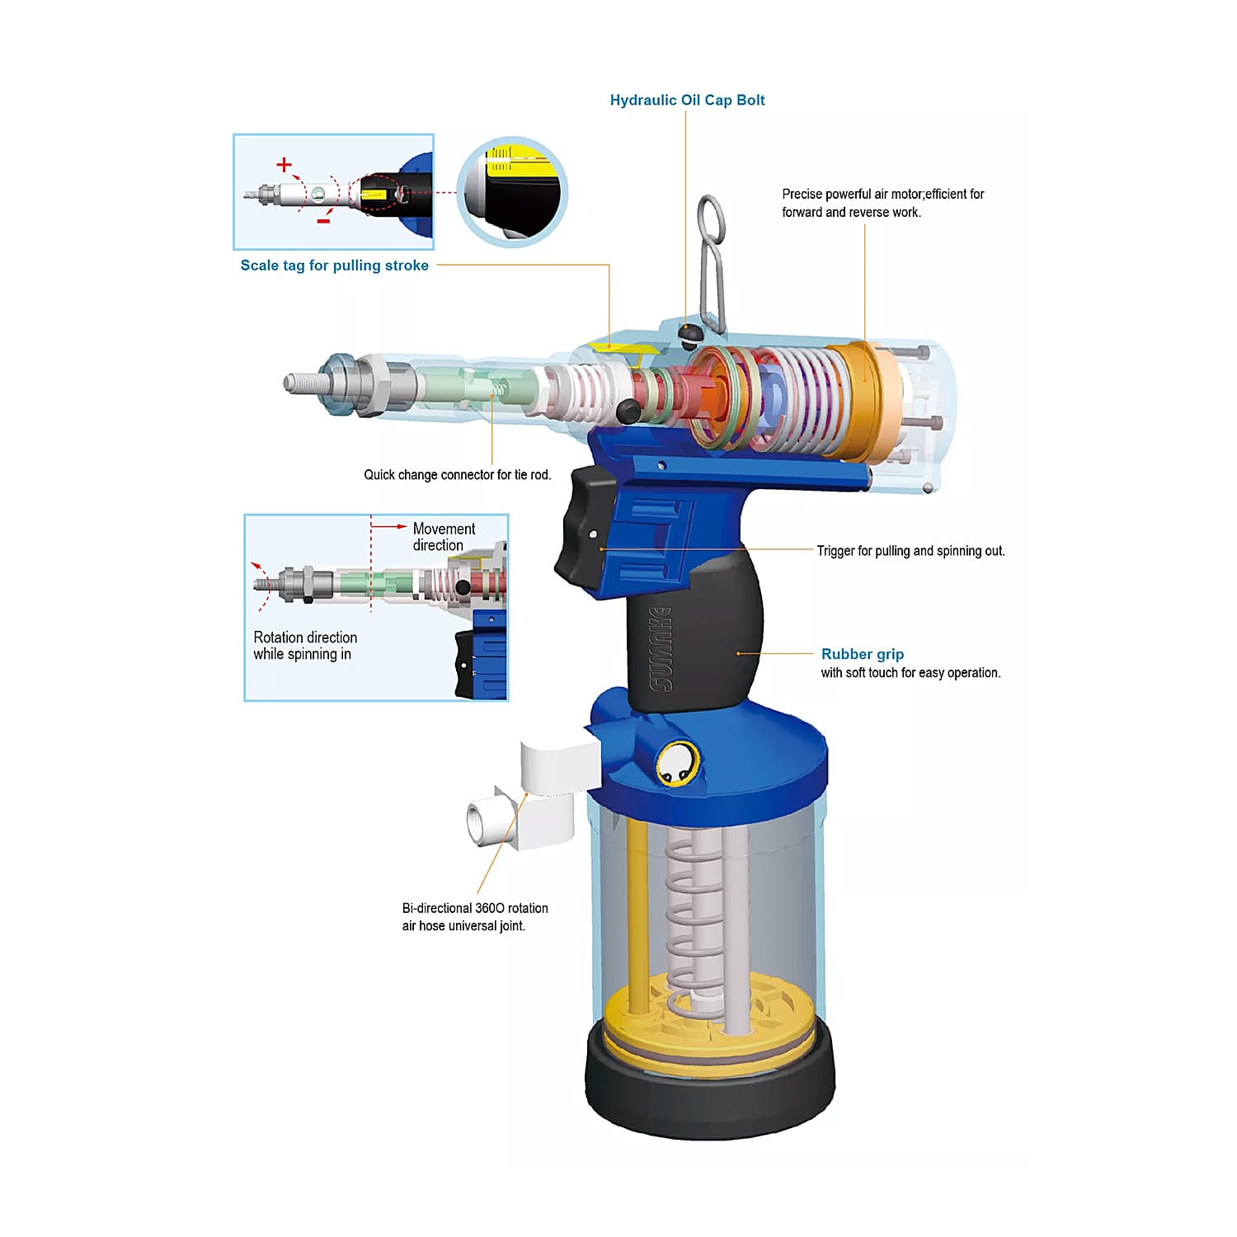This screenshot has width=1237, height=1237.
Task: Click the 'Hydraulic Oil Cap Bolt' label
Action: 687,100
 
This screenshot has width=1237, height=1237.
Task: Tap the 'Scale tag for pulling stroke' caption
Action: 334,266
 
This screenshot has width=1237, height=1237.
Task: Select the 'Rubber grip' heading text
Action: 863,654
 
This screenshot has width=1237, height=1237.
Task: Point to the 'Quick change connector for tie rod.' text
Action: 458,475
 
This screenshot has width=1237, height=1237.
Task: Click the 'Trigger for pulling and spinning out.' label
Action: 911,551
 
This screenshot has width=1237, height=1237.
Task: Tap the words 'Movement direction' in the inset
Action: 444,537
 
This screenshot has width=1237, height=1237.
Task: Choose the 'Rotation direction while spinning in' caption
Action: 305,646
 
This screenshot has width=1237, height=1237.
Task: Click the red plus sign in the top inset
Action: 285,165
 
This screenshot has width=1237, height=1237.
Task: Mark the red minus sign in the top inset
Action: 324,221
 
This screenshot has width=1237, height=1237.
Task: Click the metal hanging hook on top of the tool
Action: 710,264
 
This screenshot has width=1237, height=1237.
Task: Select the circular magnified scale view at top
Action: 512,191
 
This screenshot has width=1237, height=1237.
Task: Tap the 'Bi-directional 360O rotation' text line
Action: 475,908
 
